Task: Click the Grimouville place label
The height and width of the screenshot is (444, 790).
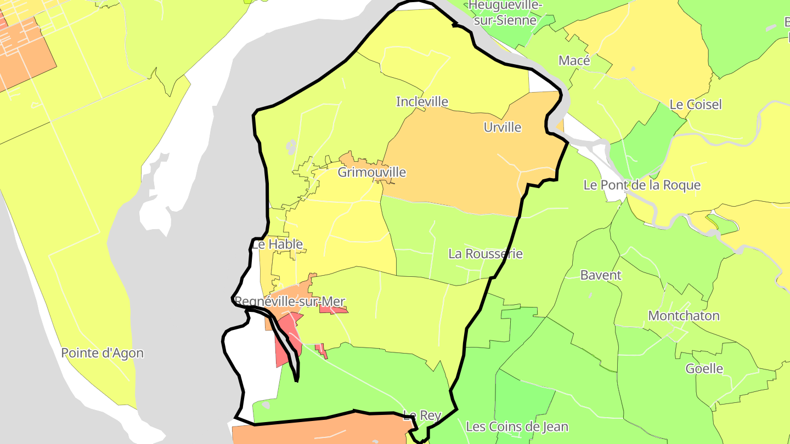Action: click(372, 173)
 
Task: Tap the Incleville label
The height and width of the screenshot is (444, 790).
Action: click(422, 102)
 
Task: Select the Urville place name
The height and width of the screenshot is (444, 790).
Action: click(503, 128)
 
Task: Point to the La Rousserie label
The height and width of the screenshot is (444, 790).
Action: click(486, 254)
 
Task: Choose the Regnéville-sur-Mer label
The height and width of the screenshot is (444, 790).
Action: click(289, 301)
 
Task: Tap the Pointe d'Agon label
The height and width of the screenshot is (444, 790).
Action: click(102, 354)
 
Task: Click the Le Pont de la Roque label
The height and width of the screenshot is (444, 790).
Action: click(642, 185)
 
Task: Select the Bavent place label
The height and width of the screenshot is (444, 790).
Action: click(601, 275)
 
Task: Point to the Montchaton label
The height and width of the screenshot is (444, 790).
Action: click(684, 316)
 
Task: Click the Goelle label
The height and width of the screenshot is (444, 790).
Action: click(704, 369)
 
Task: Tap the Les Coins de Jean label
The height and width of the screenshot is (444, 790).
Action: click(517, 426)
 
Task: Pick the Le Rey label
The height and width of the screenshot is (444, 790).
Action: click(422, 415)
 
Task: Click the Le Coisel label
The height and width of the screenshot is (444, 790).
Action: click(696, 105)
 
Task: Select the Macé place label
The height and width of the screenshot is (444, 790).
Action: click(574, 61)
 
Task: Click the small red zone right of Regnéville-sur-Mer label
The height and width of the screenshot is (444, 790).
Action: click(333, 310)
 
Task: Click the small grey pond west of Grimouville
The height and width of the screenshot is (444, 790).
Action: click(291, 146)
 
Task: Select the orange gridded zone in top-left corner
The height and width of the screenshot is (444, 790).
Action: click(25, 52)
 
